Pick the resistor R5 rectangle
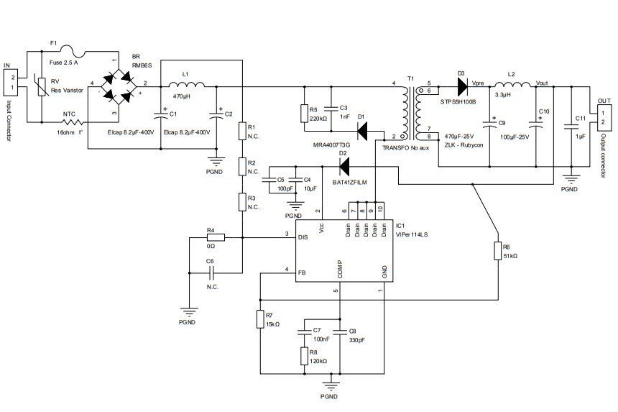point(305,113)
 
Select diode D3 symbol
point(461,85)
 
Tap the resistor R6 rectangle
point(497,251)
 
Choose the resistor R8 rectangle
point(305,357)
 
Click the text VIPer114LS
point(411,234)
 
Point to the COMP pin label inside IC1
point(338,267)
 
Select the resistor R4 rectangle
point(215,237)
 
